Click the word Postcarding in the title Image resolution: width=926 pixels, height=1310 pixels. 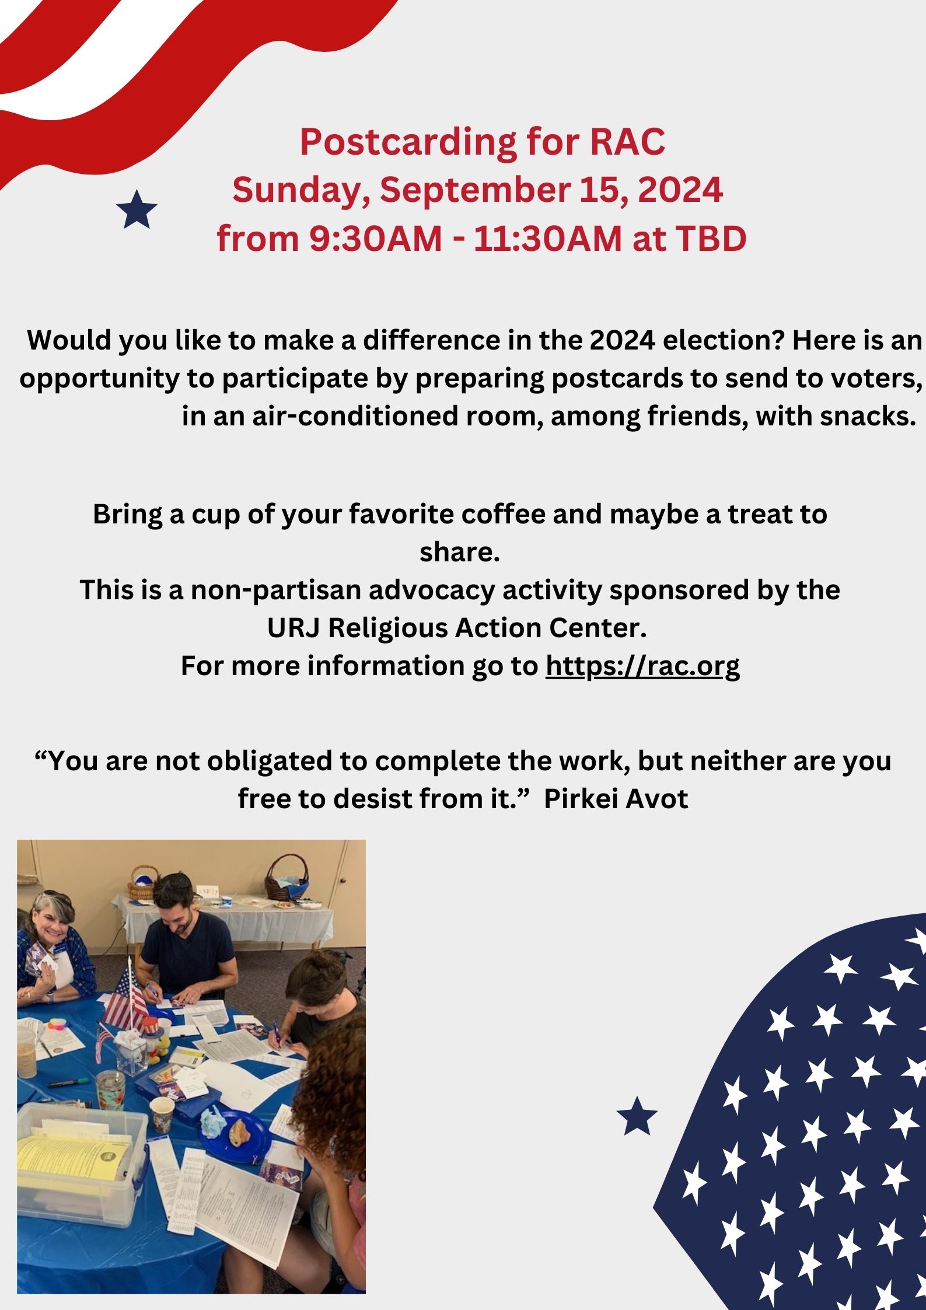(408, 142)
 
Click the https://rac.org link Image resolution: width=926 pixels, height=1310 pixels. (642, 666)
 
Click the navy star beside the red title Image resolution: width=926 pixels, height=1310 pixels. (137, 209)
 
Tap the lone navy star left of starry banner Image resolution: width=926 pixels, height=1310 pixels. (637, 1115)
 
